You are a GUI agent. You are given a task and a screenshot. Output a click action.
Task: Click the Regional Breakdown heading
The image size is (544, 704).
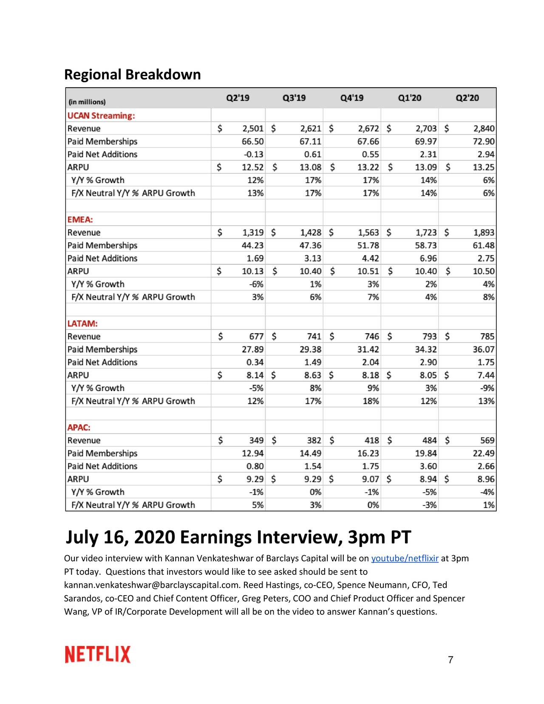(x=132, y=75)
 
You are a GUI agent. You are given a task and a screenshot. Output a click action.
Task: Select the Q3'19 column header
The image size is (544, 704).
(x=294, y=98)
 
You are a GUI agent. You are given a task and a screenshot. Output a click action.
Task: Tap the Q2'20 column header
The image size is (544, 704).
(x=467, y=98)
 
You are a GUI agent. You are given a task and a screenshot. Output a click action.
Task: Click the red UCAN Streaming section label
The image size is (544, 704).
(x=101, y=116)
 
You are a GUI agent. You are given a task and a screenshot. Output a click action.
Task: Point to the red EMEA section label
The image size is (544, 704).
(x=80, y=220)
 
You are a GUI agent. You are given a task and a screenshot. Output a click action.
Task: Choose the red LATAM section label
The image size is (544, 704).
(x=82, y=324)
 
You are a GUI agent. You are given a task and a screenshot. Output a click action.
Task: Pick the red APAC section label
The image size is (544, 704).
(x=79, y=428)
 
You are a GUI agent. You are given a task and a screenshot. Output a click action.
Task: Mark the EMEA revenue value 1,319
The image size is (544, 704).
(x=253, y=233)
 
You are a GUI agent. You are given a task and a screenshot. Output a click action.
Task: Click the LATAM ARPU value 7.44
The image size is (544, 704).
(x=486, y=375)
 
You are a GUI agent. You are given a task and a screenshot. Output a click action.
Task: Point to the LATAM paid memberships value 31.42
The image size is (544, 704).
(x=368, y=349)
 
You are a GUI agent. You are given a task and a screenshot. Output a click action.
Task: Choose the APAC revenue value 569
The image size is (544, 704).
(x=487, y=440)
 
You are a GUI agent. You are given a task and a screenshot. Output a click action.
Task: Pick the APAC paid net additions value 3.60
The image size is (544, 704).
(x=428, y=466)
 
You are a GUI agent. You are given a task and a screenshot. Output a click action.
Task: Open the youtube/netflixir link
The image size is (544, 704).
(x=405, y=559)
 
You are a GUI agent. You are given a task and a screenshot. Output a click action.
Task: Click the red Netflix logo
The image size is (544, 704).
(x=98, y=655)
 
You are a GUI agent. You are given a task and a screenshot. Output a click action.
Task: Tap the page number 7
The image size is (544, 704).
(x=450, y=660)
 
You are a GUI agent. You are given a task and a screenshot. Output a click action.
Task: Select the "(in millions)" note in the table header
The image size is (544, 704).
(x=87, y=102)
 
